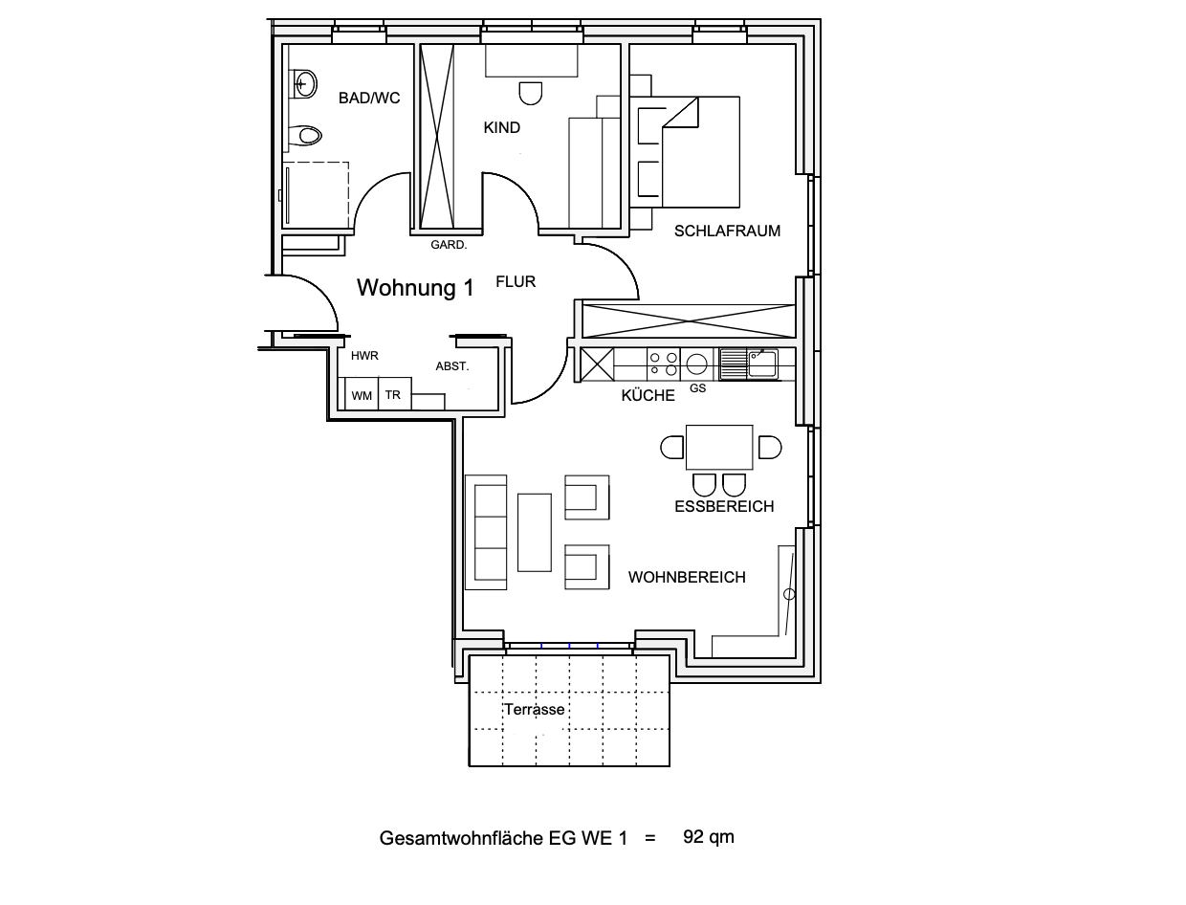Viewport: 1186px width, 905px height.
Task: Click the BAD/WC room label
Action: (x=369, y=98)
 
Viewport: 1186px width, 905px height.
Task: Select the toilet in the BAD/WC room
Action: (x=305, y=136)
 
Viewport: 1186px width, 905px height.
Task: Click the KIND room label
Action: (x=501, y=127)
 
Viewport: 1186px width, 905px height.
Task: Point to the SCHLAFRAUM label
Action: (x=727, y=232)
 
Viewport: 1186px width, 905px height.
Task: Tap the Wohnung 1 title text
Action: (x=415, y=287)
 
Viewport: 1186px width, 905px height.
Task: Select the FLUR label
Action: (x=516, y=281)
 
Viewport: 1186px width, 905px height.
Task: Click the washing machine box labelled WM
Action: (x=362, y=393)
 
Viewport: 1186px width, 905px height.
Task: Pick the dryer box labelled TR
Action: (x=394, y=393)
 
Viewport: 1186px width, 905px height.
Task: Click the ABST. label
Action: (x=452, y=366)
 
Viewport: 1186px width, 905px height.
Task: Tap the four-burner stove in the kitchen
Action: (x=664, y=364)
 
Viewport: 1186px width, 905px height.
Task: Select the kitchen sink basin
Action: (x=762, y=364)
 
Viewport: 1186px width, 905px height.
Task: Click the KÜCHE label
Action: (x=648, y=395)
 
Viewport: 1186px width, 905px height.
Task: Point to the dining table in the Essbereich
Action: (x=719, y=448)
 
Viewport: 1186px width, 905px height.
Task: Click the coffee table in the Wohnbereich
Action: (x=535, y=532)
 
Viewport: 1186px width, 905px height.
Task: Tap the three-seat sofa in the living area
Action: (x=486, y=532)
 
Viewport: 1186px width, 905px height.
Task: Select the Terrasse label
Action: (x=535, y=710)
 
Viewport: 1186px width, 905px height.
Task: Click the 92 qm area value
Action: (x=709, y=837)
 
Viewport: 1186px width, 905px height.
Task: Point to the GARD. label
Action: (x=449, y=245)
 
